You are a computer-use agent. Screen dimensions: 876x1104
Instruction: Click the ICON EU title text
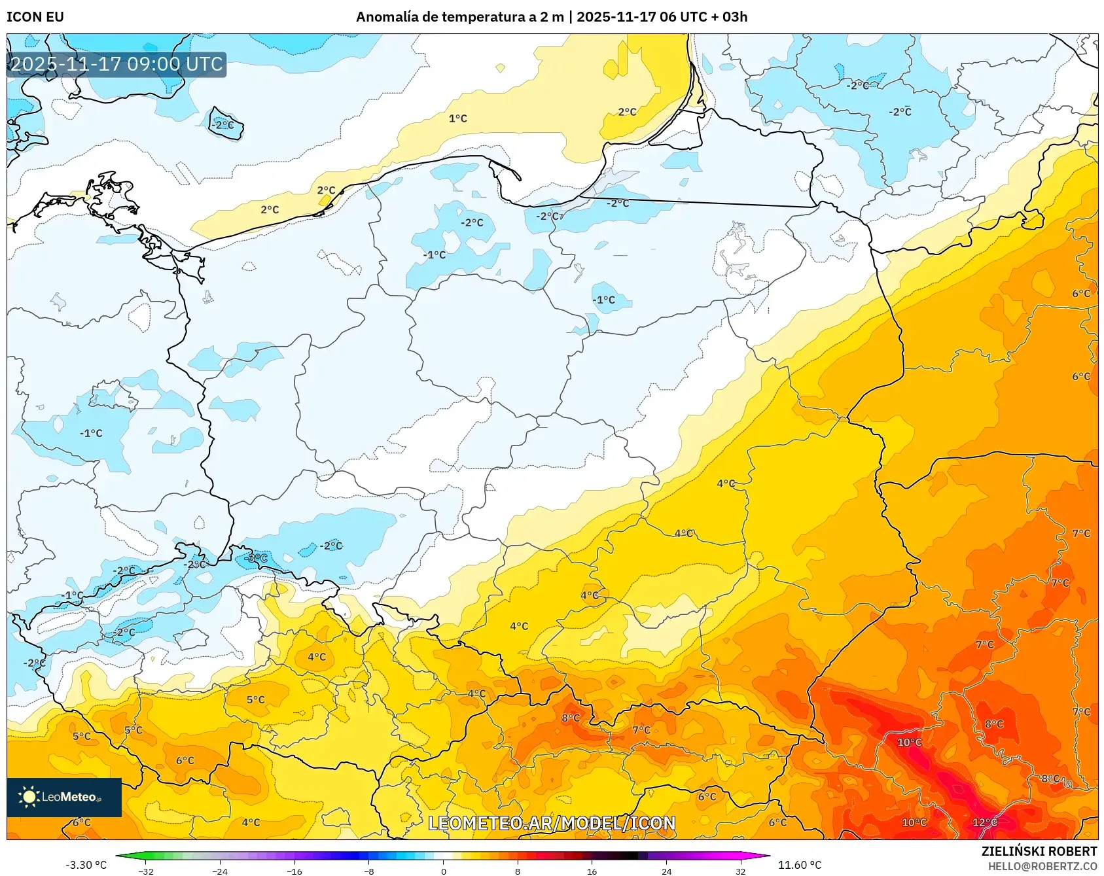(35, 16)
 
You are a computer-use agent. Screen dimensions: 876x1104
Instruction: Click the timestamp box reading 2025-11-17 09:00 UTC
(116, 64)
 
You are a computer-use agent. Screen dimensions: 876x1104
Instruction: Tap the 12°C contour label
(984, 822)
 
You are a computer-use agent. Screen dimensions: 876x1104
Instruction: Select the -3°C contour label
(256, 558)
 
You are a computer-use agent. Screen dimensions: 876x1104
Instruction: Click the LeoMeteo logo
(63, 797)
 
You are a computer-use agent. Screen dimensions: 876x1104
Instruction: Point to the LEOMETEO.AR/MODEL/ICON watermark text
(552, 823)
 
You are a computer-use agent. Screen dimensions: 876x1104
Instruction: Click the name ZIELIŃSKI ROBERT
(1039, 851)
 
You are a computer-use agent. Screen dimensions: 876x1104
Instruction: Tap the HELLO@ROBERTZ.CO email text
(1042, 866)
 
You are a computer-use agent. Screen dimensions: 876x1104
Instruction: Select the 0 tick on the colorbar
(444, 871)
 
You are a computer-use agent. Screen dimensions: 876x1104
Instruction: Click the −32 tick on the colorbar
(147, 871)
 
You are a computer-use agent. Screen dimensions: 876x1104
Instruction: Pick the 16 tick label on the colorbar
(592, 871)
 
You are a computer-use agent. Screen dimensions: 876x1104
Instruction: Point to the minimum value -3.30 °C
(86, 865)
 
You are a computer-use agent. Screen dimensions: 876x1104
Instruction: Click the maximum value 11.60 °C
(800, 865)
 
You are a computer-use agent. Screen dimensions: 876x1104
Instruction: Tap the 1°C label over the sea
(457, 118)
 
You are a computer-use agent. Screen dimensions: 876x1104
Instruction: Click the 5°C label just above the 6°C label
(133, 730)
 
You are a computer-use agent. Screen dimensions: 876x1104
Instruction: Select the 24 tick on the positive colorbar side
(666, 871)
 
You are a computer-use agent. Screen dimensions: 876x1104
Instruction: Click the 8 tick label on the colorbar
(518, 871)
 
